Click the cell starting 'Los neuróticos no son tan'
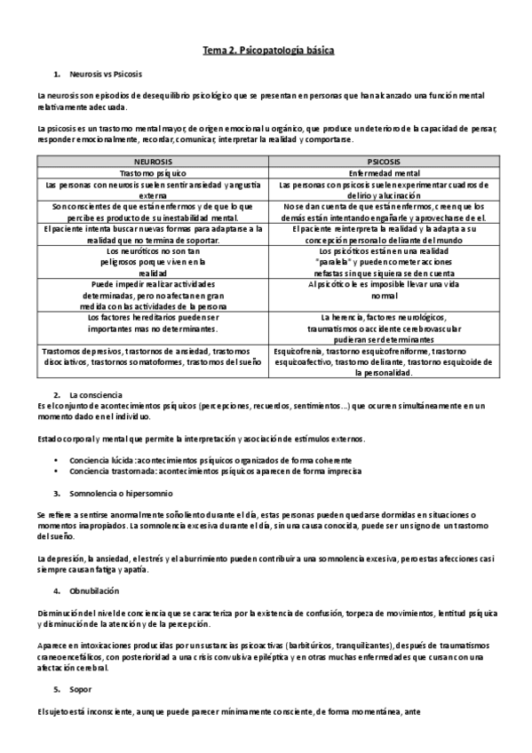coord(153,262)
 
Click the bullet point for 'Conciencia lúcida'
coord(57,461)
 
